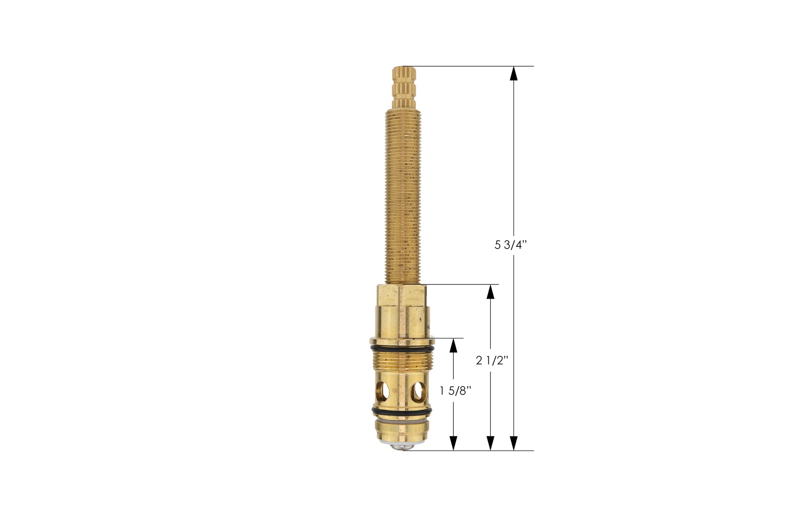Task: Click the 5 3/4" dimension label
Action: coord(511,245)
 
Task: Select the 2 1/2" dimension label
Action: coord(492,360)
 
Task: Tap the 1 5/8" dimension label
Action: coord(455,391)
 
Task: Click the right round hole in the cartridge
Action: coord(418,390)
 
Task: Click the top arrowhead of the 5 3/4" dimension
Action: coord(513,73)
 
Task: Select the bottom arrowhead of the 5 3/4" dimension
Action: coord(513,443)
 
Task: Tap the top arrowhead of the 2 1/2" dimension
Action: coord(490,292)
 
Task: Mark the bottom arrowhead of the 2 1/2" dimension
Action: coord(490,443)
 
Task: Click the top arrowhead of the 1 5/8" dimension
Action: coord(454,345)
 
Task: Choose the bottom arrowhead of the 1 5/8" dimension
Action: coord(454,443)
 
